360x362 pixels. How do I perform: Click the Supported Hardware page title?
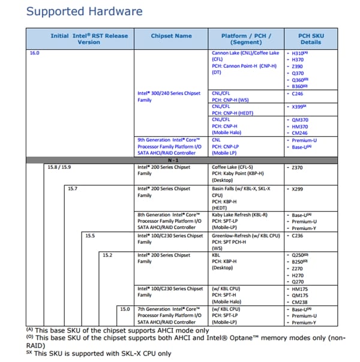pos(85,11)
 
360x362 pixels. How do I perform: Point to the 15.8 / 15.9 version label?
pos(59,167)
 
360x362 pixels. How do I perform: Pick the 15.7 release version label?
pos(73,189)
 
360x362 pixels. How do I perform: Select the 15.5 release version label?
pos(90,236)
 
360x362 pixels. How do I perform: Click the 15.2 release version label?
pos(108,255)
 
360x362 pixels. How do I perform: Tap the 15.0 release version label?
pos(125,309)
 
